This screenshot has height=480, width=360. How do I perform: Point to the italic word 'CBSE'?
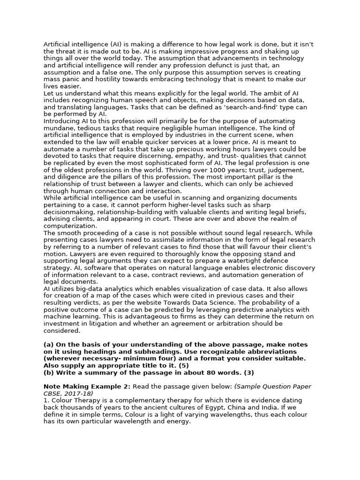click(52, 393)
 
